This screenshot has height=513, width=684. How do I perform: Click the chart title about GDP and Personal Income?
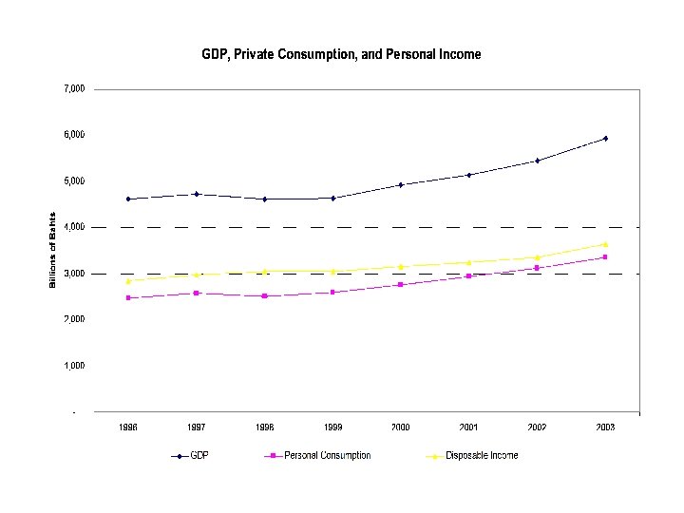[x=341, y=54]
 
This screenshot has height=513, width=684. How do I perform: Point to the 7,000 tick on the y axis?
[x=74, y=88]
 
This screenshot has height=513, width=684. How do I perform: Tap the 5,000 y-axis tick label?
[x=74, y=180]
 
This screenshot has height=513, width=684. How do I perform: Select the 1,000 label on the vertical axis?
[x=74, y=365]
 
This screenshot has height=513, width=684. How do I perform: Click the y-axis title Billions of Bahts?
[x=53, y=250]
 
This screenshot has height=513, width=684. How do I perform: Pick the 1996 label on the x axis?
[x=128, y=427]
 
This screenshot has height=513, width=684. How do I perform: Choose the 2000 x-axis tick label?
[x=401, y=427]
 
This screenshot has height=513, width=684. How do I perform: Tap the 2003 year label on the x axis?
[x=605, y=427]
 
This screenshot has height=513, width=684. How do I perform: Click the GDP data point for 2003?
[x=605, y=139]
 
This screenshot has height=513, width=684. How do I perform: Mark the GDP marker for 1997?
[x=197, y=194]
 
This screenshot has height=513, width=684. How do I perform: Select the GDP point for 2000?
[x=401, y=184]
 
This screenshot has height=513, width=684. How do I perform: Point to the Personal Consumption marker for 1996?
[x=128, y=298]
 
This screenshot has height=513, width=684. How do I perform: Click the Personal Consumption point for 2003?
[x=605, y=257]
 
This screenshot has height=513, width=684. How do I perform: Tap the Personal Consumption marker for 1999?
[x=332, y=292]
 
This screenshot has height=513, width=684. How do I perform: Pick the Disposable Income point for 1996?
[x=128, y=281]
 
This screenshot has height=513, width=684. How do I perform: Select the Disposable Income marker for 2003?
[x=605, y=244]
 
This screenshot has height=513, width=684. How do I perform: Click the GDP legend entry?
[x=190, y=456]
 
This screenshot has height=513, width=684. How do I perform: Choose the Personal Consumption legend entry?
[x=318, y=456]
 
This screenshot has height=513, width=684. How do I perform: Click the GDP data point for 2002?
[x=537, y=161]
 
